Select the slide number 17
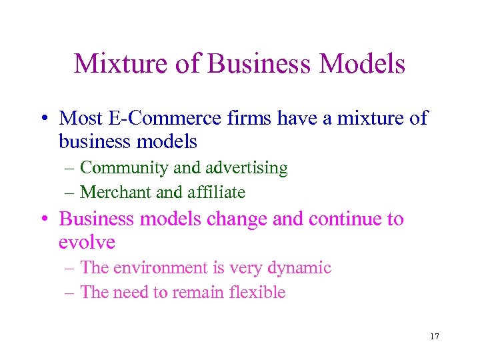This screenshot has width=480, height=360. pyautogui.click(x=435, y=337)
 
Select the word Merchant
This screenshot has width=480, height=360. pyautogui.click(x=115, y=193)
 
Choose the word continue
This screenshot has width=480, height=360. pyautogui.click(x=337, y=219)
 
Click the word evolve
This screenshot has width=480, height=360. pyautogui.click(x=87, y=242)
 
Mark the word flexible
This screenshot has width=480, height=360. pyautogui.click(x=257, y=292)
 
